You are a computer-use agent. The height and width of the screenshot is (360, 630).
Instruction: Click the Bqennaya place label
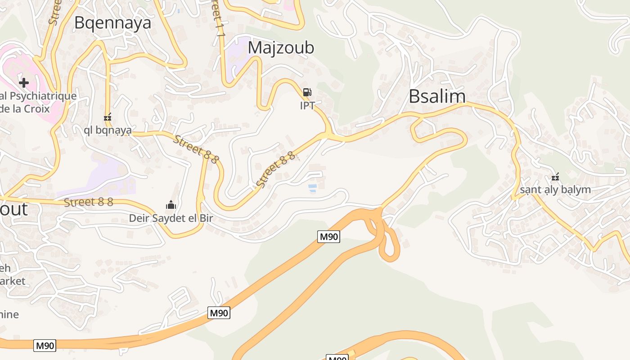(x=112, y=22)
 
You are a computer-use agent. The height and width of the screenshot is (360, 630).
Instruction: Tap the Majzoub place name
(x=281, y=48)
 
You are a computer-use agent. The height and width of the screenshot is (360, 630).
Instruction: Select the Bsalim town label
(x=437, y=96)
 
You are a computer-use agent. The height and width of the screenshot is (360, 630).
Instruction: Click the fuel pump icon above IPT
(x=307, y=92)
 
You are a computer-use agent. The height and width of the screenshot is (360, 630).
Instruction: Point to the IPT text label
(x=307, y=106)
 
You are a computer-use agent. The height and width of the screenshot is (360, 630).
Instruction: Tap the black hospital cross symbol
(x=24, y=82)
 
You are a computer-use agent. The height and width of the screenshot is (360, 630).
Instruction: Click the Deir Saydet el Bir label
(x=171, y=218)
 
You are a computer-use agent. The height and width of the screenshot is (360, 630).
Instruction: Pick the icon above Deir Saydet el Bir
(x=171, y=205)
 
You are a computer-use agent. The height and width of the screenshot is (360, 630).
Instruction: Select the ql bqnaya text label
(x=108, y=130)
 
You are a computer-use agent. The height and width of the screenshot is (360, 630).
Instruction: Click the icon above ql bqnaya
(x=108, y=117)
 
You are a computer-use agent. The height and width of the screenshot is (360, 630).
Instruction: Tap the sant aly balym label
(x=555, y=189)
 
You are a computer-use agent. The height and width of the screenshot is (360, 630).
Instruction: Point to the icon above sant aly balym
(x=556, y=176)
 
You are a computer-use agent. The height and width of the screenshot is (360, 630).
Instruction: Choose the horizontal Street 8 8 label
(x=88, y=202)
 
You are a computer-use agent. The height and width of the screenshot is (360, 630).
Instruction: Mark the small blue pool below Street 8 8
(x=312, y=187)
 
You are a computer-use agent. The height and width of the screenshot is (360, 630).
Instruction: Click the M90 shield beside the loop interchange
(x=328, y=237)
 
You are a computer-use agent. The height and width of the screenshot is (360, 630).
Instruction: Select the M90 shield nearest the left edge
(x=45, y=346)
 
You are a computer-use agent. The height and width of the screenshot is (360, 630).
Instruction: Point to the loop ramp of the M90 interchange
(x=390, y=245)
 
